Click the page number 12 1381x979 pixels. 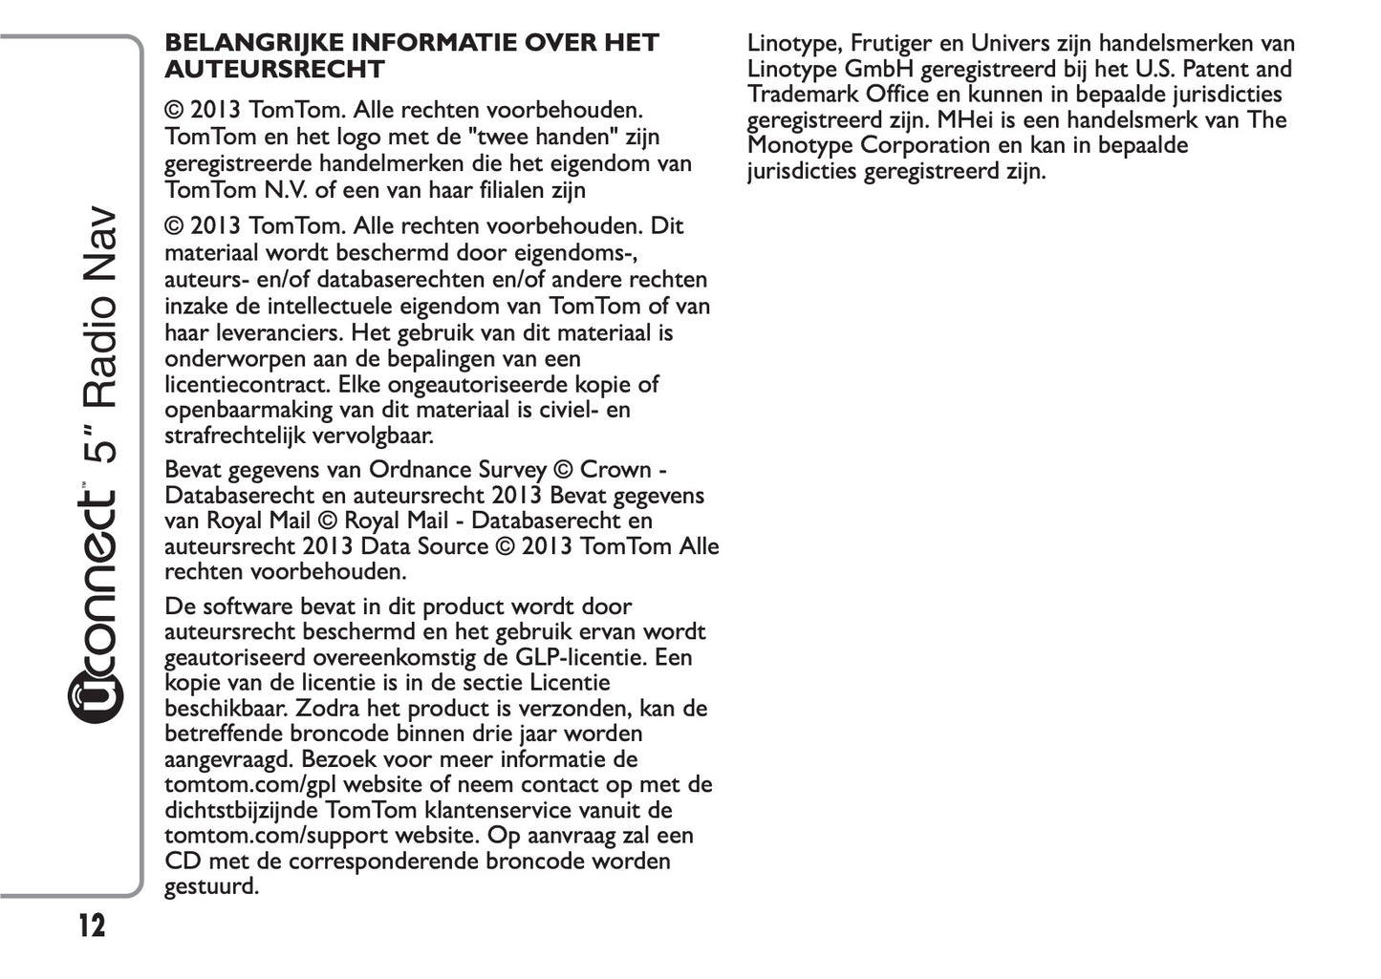pyautogui.click(x=91, y=926)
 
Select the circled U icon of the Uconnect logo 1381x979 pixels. pyautogui.click(x=97, y=697)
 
